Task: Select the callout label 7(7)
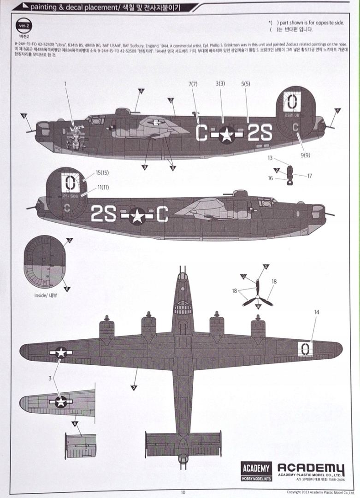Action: [193, 84]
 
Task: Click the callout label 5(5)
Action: [245, 84]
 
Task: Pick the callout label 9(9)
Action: [305, 155]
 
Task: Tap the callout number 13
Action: [270, 158]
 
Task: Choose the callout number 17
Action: [309, 176]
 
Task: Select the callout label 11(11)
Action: [103, 188]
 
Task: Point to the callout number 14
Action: [316, 312]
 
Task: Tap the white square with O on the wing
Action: [304, 349]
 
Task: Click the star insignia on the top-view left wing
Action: [61, 353]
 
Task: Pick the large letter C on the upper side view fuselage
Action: [201, 133]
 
